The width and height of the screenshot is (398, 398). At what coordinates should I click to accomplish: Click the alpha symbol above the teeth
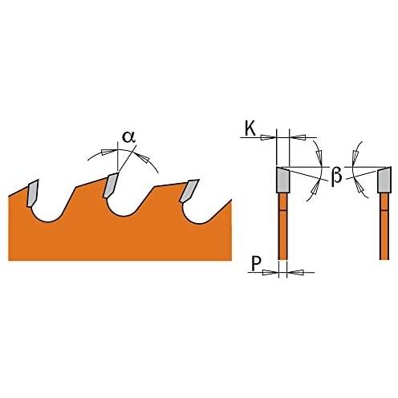pyautogui.click(x=128, y=136)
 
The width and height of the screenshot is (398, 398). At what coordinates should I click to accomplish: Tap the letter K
pyautogui.click(x=250, y=129)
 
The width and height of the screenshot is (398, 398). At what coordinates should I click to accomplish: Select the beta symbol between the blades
pyautogui.click(x=336, y=177)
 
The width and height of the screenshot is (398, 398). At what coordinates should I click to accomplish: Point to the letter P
pyautogui.click(x=256, y=264)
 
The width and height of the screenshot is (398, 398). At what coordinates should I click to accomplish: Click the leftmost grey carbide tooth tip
pyautogui.click(x=32, y=193)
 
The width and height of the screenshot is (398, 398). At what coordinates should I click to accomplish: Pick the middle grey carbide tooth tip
pyautogui.click(x=110, y=185)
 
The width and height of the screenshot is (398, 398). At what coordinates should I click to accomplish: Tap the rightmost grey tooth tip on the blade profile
pyautogui.click(x=189, y=191)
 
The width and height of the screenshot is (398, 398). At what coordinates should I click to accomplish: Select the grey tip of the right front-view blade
pyautogui.click(x=384, y=179)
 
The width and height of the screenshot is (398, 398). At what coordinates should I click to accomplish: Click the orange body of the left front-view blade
pyautogui.click(x=282, y=226)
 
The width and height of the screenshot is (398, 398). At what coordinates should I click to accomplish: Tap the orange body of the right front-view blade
pyautogui.click(x=384, y=226)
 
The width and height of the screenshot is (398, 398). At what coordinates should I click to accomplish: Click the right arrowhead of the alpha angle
pyautogui.click(x=142, y=157)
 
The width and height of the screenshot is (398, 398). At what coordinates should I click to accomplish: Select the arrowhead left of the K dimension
pyautogui.click(x=268, y=137)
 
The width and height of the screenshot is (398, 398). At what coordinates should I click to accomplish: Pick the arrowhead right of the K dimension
pyautogui.click(x=298, y=137)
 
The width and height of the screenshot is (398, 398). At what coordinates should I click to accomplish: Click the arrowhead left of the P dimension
pyautogui.click(x=270, y=272)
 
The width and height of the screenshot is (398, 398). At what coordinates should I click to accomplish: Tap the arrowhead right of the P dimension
pyautogui.click(x=295, y=272)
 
